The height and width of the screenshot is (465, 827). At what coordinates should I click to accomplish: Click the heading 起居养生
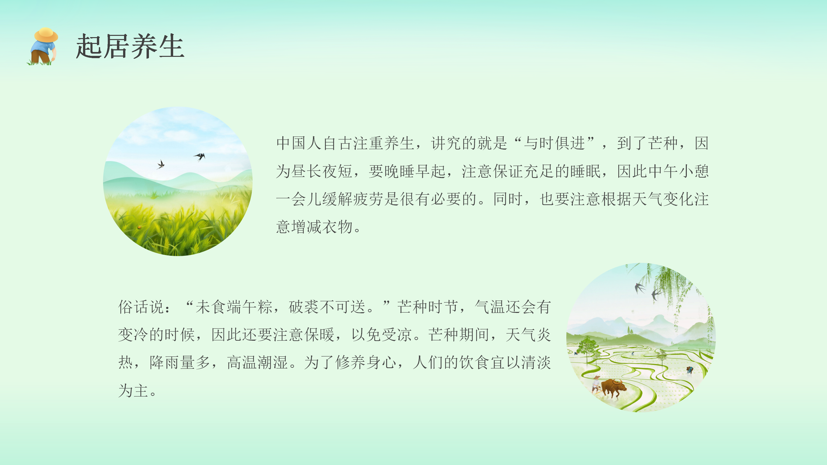pyautogui.click(x=130, y=46)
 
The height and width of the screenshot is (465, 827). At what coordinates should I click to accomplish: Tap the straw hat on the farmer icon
pyautogui.click(x=46, y=35)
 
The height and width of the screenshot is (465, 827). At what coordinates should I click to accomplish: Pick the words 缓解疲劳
pyautogui.click(x=353, y=199)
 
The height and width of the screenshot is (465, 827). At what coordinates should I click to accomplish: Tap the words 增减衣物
pyautogui.click(x=322, y=227)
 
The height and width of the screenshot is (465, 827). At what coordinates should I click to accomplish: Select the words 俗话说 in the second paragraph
pyautogui.click(x=141, y=307)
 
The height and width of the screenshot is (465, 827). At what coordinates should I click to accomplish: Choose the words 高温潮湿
pyautogui.click(x=257, y=362)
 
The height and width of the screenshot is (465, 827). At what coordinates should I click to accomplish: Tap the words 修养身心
pyautogui.click(x=366, y=362)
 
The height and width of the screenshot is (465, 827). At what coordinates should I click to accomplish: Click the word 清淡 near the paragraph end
pyautogui.click(x=536, y=362)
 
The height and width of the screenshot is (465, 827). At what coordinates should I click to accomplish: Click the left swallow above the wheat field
pyautogui.click(x=161, y=164)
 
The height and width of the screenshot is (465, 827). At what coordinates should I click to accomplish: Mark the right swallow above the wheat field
pyautogui.click(x=200, y=157)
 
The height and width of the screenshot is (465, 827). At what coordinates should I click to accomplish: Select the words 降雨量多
pyautogui.click(x=180, y=362)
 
